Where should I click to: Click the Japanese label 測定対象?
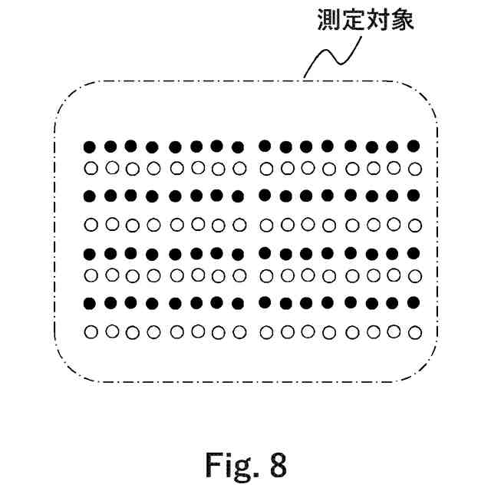click(x=365, y=21)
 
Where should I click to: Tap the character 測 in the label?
click(x=329, y=21)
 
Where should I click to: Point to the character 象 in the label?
click(x=402, y=21)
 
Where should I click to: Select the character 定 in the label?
click(x=353, y=21)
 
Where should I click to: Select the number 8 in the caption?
click(x=278, y=463)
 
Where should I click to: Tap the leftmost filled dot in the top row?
click(x=90, y=146)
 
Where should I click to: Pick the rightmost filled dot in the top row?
click(x=414, y=145)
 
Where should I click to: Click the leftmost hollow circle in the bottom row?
click(x=90, y=332)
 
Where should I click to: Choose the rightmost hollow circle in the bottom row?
click(x=415, y=331)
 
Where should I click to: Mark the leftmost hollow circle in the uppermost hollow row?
click(x=90, y=168)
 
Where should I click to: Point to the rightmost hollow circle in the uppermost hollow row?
click(x=415, y=167)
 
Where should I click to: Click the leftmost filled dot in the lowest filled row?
click(x=90, y=302)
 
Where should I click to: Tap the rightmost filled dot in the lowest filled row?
click(x=414, y=301)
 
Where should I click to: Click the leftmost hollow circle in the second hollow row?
click(x=90, y=225)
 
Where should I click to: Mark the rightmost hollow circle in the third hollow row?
click(x=415, y=274)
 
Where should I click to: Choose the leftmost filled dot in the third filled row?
click(x=90, y=253)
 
